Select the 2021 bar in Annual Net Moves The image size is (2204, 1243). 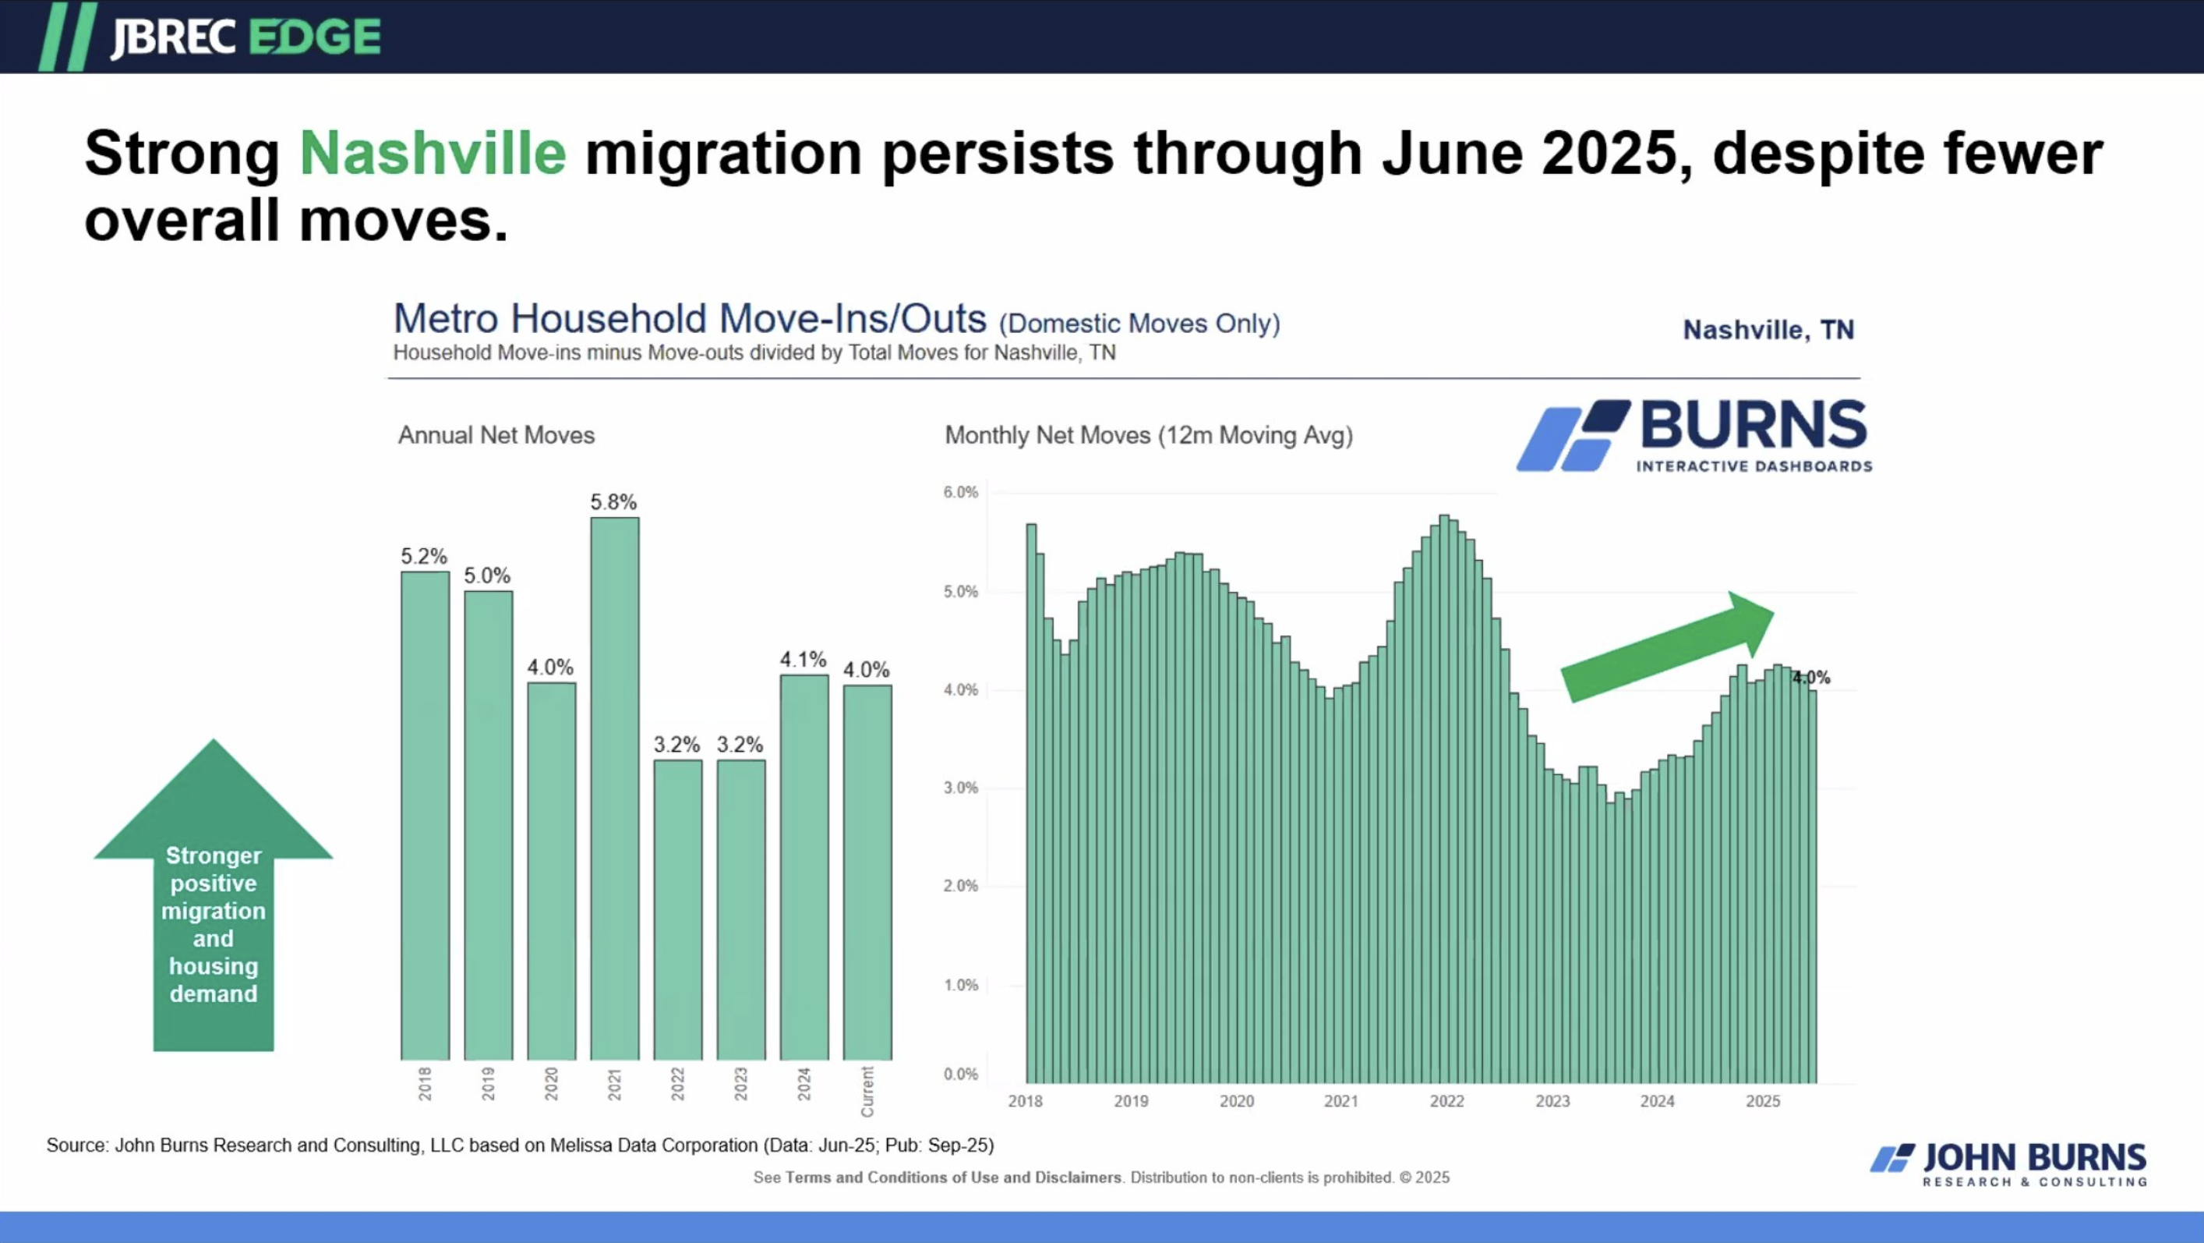tap(614, 788)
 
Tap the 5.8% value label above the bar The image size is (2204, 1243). tap(613, 502)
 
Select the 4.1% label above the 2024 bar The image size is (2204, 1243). tap(803, 660)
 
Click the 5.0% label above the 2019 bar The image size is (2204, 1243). tap(487, 576)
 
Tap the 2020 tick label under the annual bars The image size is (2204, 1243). tap(551, 1084)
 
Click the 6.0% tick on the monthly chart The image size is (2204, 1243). tap(960, 492)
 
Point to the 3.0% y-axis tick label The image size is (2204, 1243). tap(960, 788)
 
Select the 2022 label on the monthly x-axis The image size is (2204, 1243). tap(1446, 1102)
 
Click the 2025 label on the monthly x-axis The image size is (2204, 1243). tap(1763, 1102)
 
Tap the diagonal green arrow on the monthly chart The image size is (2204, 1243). tap(1667, 648)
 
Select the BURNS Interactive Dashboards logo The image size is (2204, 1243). tap(1694, 435)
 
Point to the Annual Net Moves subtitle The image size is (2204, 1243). tap(496, 436)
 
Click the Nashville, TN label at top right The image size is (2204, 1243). tap(1768, 331)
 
